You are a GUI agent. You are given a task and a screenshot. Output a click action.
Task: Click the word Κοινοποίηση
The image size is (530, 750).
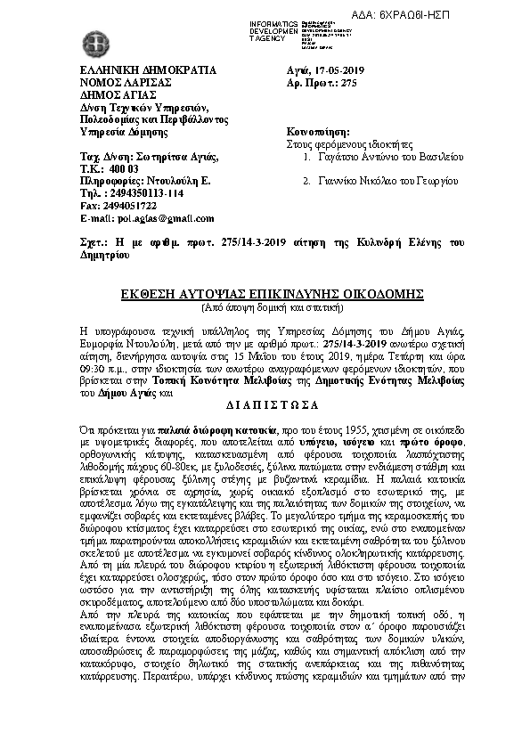click(316, 131)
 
